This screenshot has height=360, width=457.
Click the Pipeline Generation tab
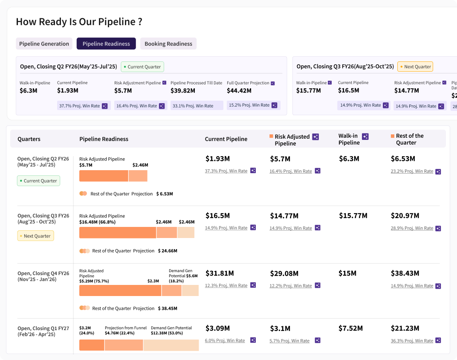44,44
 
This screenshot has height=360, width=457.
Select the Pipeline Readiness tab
106,44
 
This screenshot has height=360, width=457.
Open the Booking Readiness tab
168,44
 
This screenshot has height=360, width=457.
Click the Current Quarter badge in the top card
142,67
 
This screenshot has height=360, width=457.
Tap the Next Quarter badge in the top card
415,67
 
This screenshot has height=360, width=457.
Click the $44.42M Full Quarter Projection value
239,91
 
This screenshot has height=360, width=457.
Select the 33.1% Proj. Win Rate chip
197,106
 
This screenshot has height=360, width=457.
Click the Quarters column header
29,139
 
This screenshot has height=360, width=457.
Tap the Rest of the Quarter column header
409,139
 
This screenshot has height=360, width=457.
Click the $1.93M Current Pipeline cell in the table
217,159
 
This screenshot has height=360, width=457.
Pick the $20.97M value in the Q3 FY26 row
405,216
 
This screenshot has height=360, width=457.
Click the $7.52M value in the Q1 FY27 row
351,328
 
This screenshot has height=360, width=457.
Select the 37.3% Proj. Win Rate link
226,171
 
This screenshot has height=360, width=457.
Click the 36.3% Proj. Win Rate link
412,341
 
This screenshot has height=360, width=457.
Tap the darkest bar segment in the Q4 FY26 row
120,290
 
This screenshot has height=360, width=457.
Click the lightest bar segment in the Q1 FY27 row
171,345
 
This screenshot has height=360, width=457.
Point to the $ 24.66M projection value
168,251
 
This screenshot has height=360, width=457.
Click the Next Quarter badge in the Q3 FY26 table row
35,236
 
